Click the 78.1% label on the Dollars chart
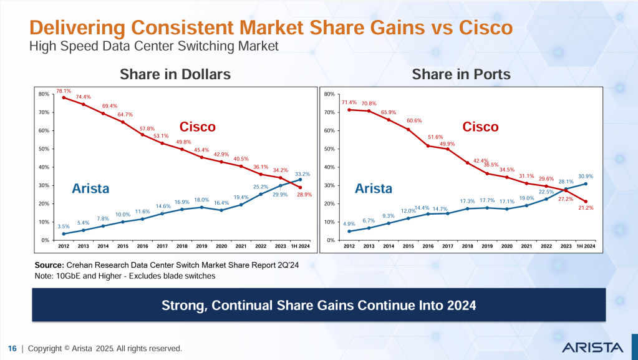point(64,90)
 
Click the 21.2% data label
point(586,208)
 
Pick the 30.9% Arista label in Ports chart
point(586,176)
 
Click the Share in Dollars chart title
point(175,74)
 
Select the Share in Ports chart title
point(461,74)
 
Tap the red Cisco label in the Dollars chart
point(198,127)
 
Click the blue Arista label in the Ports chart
point(374,188)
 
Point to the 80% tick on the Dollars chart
point(44,94)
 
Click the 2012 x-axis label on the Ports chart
point(349,246)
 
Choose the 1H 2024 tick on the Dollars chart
point(301,246)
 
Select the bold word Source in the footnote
point(49,266)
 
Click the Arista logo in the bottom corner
point(592,347)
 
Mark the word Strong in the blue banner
point(181,306)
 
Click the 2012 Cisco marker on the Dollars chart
point(64,97)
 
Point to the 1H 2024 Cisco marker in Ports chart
point(586,202)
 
